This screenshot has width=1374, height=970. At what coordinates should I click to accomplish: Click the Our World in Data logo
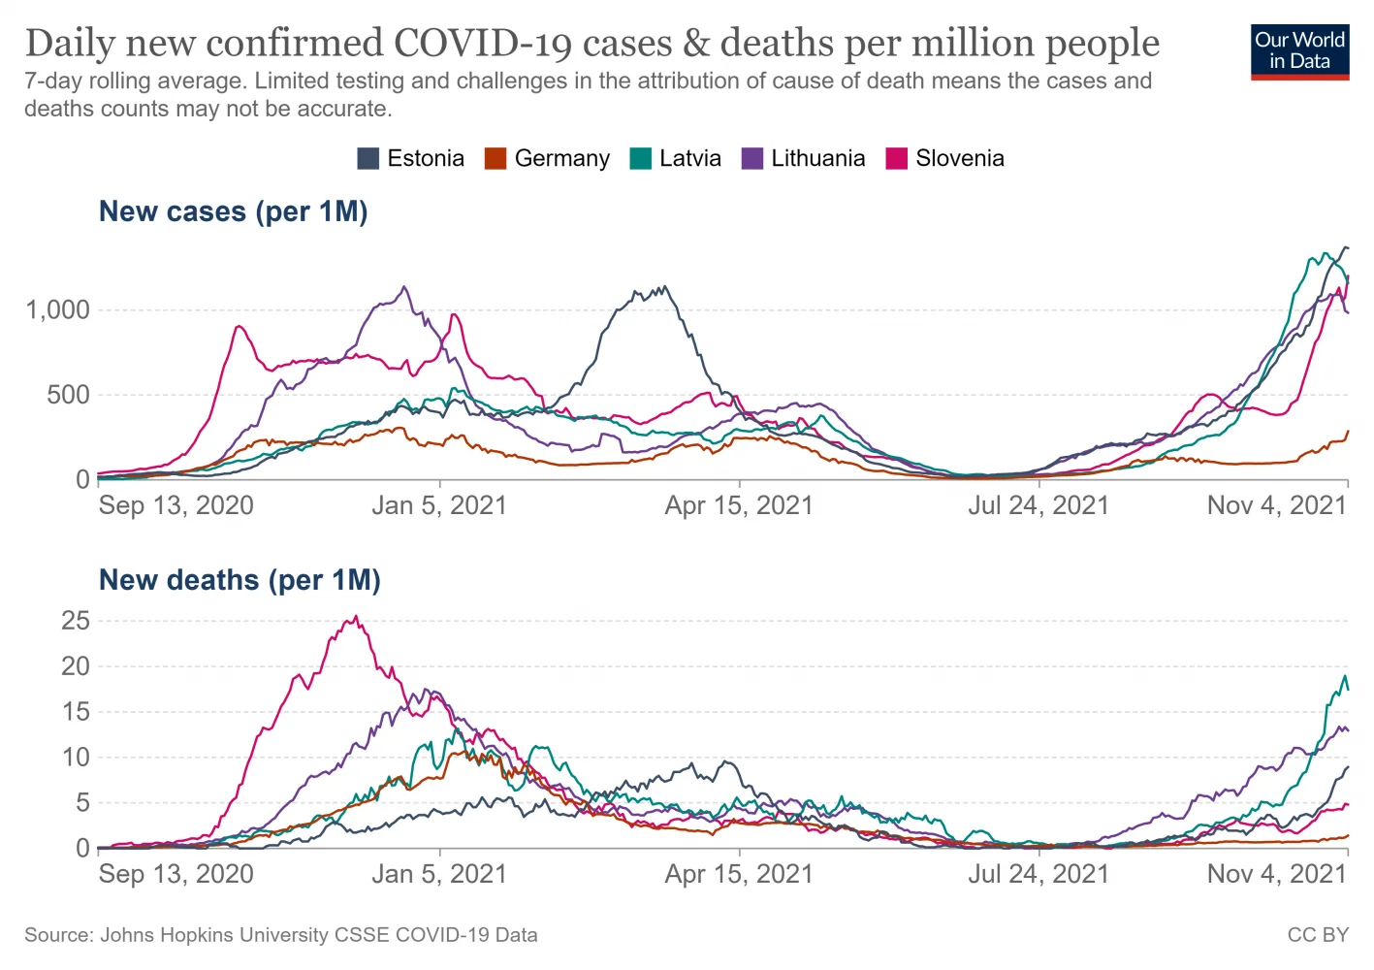coord(1299,51)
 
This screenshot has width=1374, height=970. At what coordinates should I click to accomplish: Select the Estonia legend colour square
coord(367,159)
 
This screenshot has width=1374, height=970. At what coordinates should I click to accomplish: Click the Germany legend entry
coord(548,159)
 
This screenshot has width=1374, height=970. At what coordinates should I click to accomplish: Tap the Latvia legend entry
coord(676,159)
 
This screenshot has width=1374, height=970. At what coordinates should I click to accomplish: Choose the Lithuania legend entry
coord(804,159)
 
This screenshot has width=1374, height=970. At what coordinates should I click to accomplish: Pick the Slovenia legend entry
coord(945,159)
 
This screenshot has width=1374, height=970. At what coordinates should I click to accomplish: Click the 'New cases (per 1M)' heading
coord(233,211)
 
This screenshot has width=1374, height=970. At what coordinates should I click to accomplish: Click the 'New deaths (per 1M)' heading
coord(240,580)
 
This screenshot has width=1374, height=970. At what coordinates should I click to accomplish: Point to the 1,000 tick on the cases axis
coord(57,310)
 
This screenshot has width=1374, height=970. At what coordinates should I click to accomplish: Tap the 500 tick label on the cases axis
coord(68,395)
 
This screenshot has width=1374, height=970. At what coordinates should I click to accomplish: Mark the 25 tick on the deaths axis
coord(75,621)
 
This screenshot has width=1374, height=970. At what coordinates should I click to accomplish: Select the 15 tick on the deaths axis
coord(75,712)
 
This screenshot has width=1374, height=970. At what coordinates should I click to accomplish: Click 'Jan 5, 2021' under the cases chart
coord(439,505)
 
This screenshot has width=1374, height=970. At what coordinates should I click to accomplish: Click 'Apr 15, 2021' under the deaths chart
coord(739,874)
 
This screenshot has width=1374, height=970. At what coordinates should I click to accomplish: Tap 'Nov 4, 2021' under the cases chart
coord(1276,505)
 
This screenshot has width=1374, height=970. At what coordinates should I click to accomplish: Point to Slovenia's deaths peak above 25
coord(356,617)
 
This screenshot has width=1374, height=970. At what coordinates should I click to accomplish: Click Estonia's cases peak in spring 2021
coord(664,286)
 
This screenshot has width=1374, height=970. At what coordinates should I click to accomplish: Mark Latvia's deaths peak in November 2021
coord(1345,676)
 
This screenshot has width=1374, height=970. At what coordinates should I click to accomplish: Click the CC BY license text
coord(1318,935)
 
